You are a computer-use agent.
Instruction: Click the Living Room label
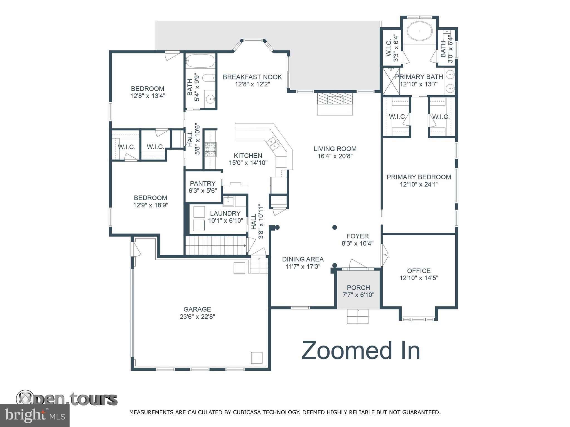pyautogui.click(x=335, y=149)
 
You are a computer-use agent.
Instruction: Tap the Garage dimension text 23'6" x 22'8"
pyautogui.click(x=197, y=316)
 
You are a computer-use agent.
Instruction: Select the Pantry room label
pyautogui.click(x=203, y=183)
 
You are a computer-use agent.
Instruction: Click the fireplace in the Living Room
pyautogui.click(x=335, y=103)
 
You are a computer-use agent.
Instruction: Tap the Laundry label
pyautogui.click(x=225, y=213)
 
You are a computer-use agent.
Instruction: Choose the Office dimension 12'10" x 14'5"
pyautogui.click(x=419, y=278)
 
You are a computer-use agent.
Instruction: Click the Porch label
pyautogui.click(x=358, y=287)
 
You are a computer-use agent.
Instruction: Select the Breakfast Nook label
pyautogui.click(x=252, y=77)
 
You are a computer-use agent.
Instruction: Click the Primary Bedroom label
pyautogui.click(x=419, y=177)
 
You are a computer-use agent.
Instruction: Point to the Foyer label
pyautogui.click(x=358, y=236)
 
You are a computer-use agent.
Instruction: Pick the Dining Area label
pyautogui.click(x=303, y=259)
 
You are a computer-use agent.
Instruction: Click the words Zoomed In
pyautogui.click(x=361, y=351)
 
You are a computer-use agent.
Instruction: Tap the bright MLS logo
pyautogui.click(x=35, y=416)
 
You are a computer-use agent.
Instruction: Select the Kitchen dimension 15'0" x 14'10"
pyautogui.click(x=248, y=163)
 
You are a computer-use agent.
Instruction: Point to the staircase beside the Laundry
pyautogui.click(x=216, y=245)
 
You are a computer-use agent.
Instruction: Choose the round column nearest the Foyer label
pyautogui.click(x=335, y=227)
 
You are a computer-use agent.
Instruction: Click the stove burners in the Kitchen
pyautogui.click(x=211, y=150)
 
